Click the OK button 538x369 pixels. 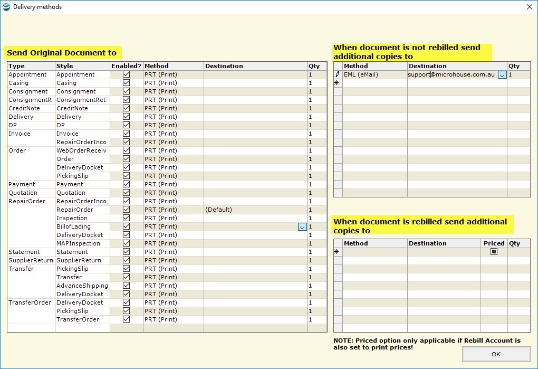(x=496, y=354)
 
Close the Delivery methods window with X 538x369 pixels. (x=529, y=7)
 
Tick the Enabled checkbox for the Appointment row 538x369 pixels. (x=126, y=74)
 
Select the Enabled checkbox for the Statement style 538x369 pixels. (x=126, y=252)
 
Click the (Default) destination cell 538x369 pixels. (x=218, y=210)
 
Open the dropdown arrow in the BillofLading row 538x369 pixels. (x=302, y=227)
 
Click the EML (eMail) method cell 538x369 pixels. (x=361, y=74)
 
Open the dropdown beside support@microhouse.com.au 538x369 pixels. (x=502, y=75)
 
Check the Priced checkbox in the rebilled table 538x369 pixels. (x=494, y=252)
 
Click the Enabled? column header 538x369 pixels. (x=126, y=66)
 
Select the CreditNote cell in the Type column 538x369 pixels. (x=24, y=108)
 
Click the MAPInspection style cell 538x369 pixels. (x=78, y=243)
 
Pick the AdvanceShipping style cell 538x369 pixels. (x=82, y=286)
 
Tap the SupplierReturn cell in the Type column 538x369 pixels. (x=31, y=260)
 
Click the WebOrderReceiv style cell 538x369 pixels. (x=81, y=150)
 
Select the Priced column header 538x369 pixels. (x=494, y=243)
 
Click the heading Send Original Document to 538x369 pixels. (x=62, y=53)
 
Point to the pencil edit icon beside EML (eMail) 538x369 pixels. (x=338, y=74)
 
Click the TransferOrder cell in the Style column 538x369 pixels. (x=78, y=319)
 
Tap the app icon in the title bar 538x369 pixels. (x=6, y=7)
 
